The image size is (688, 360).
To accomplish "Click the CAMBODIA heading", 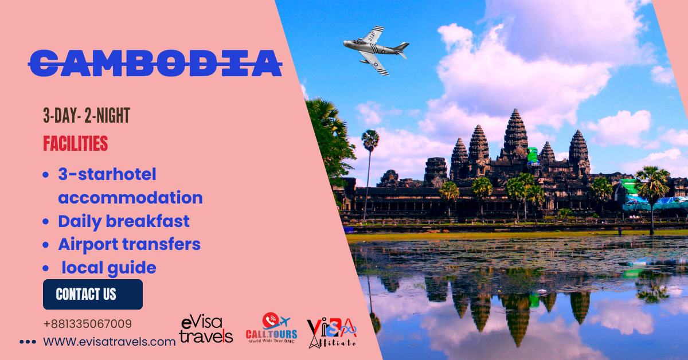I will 155,62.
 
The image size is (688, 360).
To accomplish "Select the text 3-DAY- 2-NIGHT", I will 87,116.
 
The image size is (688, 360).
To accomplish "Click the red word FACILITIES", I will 75,143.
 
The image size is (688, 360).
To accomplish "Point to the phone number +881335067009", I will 87,324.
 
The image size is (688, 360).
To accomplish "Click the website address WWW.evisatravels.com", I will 110,342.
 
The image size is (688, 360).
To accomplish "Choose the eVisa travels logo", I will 206,329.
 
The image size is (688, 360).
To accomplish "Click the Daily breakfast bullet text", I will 123,221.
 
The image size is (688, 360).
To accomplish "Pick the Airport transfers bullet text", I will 129,244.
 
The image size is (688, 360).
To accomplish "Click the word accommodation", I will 130,198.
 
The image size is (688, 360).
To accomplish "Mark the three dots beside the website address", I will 28,342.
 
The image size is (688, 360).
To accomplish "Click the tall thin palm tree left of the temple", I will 369,166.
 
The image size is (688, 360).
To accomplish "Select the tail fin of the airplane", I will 401,47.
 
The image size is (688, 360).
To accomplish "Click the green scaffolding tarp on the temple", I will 533,156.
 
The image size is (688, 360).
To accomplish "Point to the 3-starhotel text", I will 107,174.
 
